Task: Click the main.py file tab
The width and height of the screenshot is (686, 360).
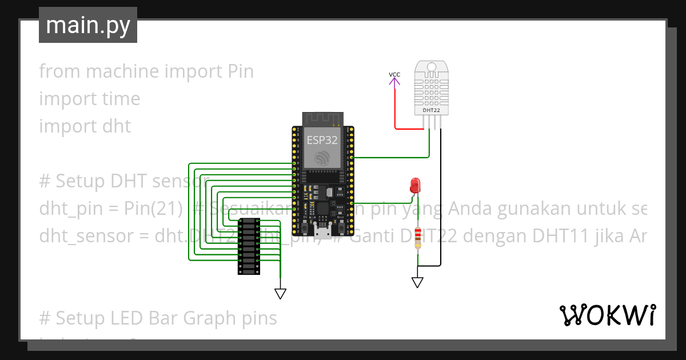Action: tap(87, 25)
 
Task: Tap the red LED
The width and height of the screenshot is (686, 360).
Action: tap(415, 185)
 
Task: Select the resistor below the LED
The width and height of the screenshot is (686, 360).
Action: tap(418, 237)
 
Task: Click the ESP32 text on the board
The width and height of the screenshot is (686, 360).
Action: tap(322, 140)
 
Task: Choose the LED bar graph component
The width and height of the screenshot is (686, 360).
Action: tap(249, 246)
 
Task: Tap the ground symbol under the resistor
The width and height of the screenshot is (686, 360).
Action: tap(417, 282)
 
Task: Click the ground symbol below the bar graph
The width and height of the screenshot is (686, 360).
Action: tap(280, 294)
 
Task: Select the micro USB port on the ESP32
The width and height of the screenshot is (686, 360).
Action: tap(322, 230)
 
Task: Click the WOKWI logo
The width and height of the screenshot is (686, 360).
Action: tap(607, 315)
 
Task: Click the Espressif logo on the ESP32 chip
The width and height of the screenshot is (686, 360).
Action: tap(322, 158)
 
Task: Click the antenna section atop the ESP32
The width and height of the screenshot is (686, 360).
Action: tap(322, 118)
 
